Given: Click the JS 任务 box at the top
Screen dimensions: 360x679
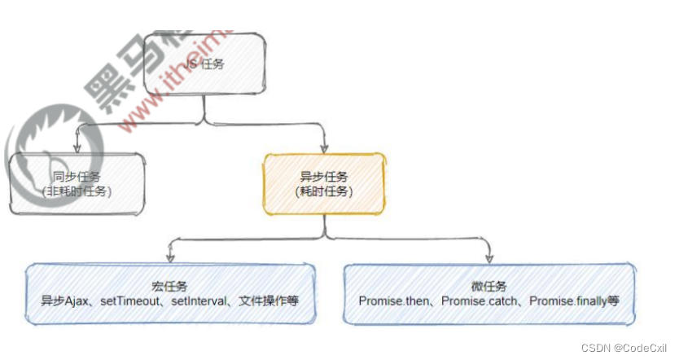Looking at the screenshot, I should point(204,63).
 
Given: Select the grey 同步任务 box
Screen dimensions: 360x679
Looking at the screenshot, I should point(79,183).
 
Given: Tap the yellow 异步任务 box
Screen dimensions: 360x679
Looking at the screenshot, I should point(322,183).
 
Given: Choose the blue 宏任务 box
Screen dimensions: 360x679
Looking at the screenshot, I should point(169,294).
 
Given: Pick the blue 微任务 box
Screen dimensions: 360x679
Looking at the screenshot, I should point(488,294).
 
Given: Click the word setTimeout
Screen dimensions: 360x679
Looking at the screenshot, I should point(132,301).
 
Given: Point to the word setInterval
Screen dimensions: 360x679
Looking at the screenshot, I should point(200,301).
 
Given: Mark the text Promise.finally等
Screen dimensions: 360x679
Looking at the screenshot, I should point(575,301).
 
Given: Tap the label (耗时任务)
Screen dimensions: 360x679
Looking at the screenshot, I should point(322,191).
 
